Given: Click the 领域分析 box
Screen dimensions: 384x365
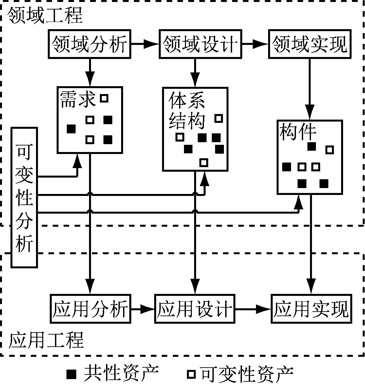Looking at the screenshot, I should coord(89,44).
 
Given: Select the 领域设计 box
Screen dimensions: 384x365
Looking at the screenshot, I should coord(200,44).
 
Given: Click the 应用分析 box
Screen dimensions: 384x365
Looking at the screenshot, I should coord(90,309).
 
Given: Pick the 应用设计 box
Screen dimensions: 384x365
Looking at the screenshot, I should coord(194,309).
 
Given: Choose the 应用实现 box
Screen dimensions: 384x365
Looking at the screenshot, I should coord(311,309).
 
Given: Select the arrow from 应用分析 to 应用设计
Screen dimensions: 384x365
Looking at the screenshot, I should coord(142,309).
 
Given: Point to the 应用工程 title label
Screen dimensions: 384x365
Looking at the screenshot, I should coord(46,340).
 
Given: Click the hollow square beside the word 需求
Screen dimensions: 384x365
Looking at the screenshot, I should coord(104,98).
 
